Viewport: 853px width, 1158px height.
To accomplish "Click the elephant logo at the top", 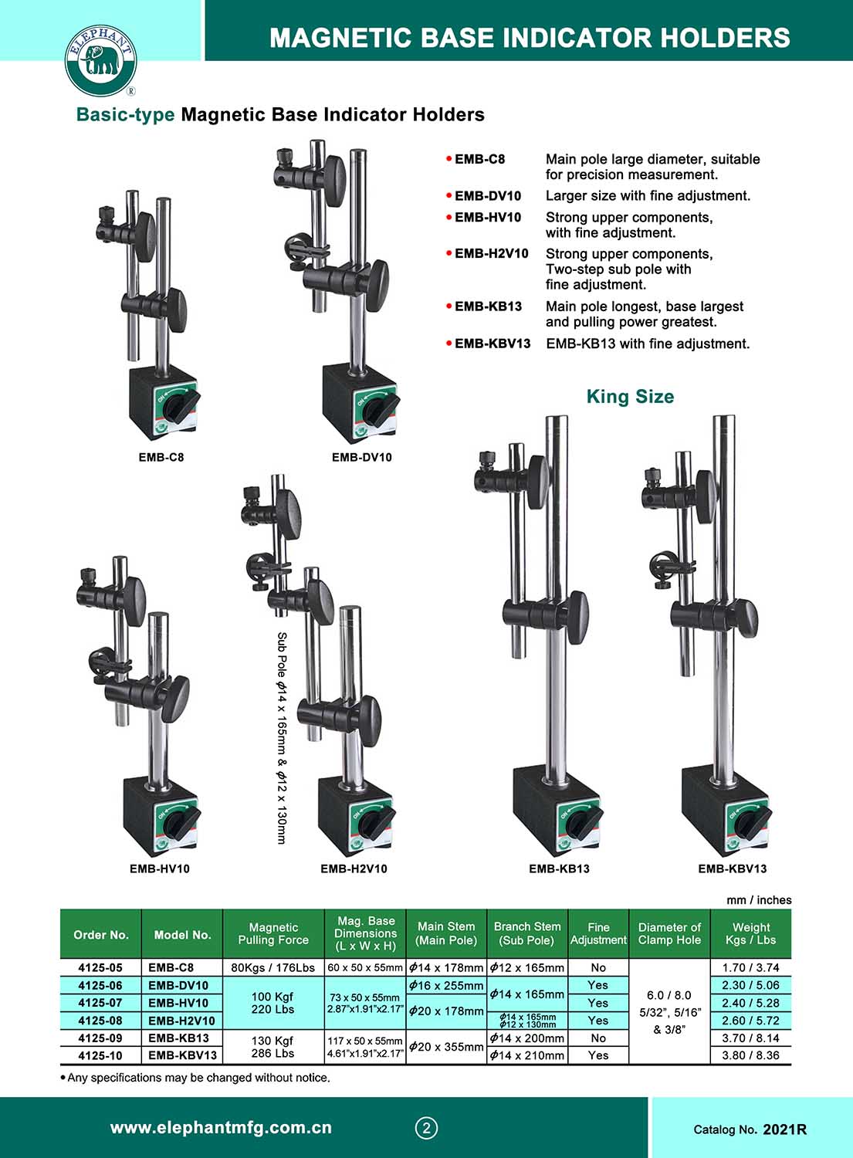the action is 100,61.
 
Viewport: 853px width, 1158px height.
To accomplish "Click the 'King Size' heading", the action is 630,397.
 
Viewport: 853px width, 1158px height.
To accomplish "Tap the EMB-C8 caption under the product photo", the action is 161,458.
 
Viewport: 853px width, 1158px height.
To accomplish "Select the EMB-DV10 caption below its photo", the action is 362,458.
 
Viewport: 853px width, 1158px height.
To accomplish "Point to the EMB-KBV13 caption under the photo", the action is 732,868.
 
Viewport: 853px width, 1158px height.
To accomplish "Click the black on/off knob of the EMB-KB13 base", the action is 583,823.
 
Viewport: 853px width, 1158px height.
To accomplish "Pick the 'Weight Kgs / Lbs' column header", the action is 750,933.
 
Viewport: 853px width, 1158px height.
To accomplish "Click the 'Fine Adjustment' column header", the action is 598,933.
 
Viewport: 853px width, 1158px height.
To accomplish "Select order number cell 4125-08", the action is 100,1021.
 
